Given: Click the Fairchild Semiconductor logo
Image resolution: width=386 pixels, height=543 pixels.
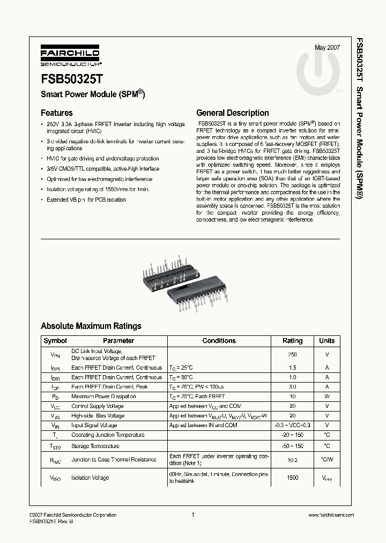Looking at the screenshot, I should point(68,57).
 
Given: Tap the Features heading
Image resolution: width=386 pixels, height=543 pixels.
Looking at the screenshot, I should point(56,113).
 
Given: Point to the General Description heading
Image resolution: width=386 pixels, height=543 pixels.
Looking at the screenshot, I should point(233,113).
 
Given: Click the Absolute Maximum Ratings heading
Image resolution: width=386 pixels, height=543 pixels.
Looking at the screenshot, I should point(91,326).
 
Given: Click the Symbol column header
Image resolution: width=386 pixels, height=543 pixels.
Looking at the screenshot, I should point(55,341).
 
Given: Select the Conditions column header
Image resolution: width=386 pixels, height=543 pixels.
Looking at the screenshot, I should point(219,341).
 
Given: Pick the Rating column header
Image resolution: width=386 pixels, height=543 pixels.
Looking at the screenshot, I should point(292,341).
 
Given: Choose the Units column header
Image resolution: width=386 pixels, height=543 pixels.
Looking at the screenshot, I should point(326,341).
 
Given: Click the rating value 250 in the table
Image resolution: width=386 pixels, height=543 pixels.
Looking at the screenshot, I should point(292,355).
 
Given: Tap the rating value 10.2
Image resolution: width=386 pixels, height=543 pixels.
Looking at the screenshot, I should point(292,460).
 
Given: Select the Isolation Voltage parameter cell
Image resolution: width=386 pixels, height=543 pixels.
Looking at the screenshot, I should point(90,478).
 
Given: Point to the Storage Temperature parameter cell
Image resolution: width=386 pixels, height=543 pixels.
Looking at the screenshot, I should point(95,446).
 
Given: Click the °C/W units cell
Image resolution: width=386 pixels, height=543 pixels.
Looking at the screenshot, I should point(326,460).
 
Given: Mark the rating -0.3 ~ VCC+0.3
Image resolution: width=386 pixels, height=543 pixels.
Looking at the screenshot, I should point(292,425).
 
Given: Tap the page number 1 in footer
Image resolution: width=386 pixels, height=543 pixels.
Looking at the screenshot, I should point(192,515).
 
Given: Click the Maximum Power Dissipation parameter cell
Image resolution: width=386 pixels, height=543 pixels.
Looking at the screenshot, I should point(103,397).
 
